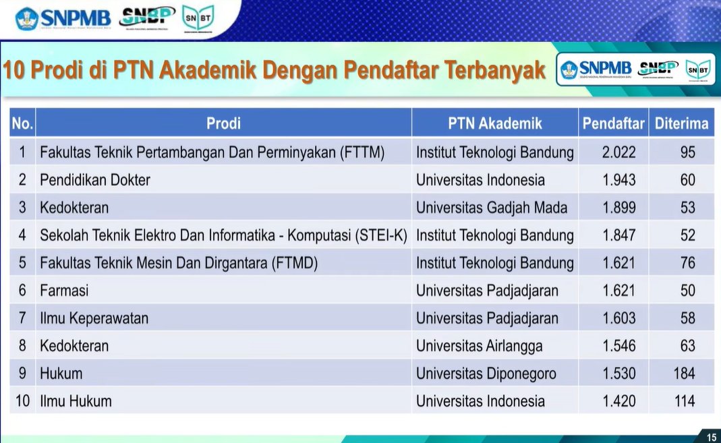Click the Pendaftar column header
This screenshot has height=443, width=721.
613,123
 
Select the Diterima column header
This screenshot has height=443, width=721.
681,123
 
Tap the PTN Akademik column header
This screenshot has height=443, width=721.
494,123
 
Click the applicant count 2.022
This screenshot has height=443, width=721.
618,152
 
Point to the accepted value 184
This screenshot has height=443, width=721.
683,374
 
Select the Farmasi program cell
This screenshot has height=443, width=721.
64,291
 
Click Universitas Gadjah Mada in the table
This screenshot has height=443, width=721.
492,208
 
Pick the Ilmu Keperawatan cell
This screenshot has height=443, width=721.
94,318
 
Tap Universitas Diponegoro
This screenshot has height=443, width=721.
486,374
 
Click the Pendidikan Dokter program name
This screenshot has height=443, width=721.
95,180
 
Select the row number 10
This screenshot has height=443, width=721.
22,401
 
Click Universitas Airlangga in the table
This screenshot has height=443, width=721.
479,346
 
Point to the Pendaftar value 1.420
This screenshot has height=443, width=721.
618,401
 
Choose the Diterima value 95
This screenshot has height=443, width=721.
687,152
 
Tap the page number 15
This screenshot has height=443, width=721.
711,438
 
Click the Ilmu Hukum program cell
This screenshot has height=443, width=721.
76,401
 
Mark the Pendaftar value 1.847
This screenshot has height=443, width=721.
618,235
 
